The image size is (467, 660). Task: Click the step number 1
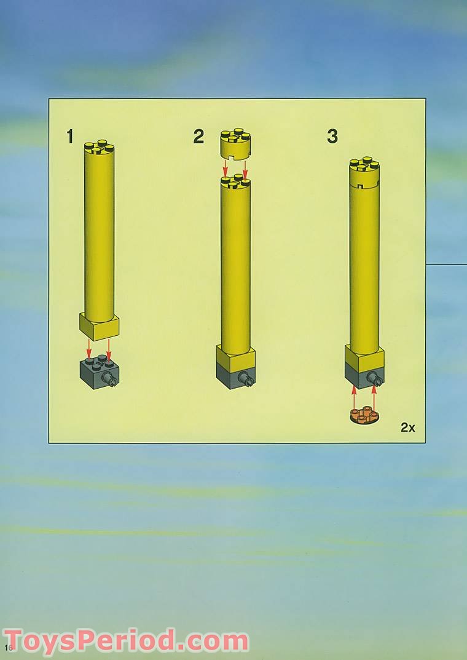pyautogui.click(x=70, y=137)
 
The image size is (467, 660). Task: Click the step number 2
pyautogui.click(x=198, y=137)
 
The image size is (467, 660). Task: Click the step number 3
pyautogui.click(x=332, y=137)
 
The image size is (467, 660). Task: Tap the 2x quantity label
pyautogui.click(x=408, y=427)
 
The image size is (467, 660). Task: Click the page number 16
pyautogui.click(x=9, y=647)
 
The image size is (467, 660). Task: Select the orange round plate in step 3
pyautogui.click(x=364, y=415)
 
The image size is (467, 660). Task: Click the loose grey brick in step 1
pyautogui.click(x=100, y=372)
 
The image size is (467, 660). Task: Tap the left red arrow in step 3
pyautogui.click(x=354, y=397)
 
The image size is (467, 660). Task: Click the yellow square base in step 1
pyautogui.click(x=99, y=327)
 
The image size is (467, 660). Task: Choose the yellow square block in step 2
pyautogui.click(x=236, y=359)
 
